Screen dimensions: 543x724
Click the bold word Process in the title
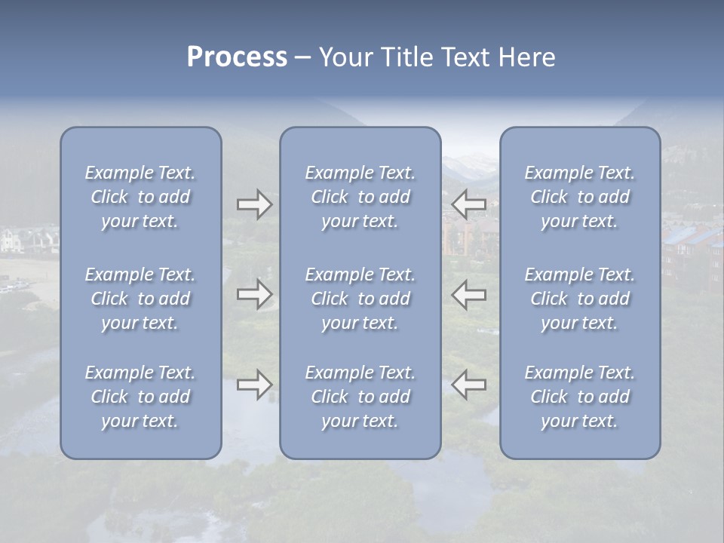click(237, 57)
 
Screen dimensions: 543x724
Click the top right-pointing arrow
click(254, 204)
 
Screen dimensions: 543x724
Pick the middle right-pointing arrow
click(254, 294)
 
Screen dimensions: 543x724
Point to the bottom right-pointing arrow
click(254, 385)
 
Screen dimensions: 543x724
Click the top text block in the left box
click(140, 197)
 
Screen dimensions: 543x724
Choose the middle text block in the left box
click(140, 299)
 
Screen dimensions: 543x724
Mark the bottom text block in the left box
click(140, 397)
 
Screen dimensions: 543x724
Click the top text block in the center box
click(360, 197)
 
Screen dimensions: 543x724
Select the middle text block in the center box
click(360, 299)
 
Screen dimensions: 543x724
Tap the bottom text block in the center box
click(360, 397)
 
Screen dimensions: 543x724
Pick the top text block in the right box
click(580, 197)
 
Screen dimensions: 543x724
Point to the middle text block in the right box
click(580, 299)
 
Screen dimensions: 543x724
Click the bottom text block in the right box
click(580, 397)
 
